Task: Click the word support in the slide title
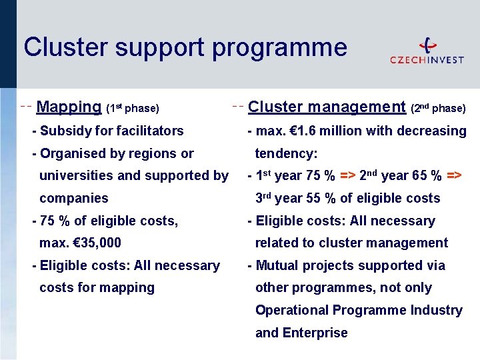click(x=155, y=48)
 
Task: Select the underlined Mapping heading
click(x=69, y=107)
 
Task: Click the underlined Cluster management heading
click(x=327, y=107)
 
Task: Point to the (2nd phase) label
click(x=438, y=108)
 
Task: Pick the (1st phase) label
click(x=133, y=108)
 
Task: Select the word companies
click(x=73, y=198)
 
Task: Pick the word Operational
click(x=291, y=310)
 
